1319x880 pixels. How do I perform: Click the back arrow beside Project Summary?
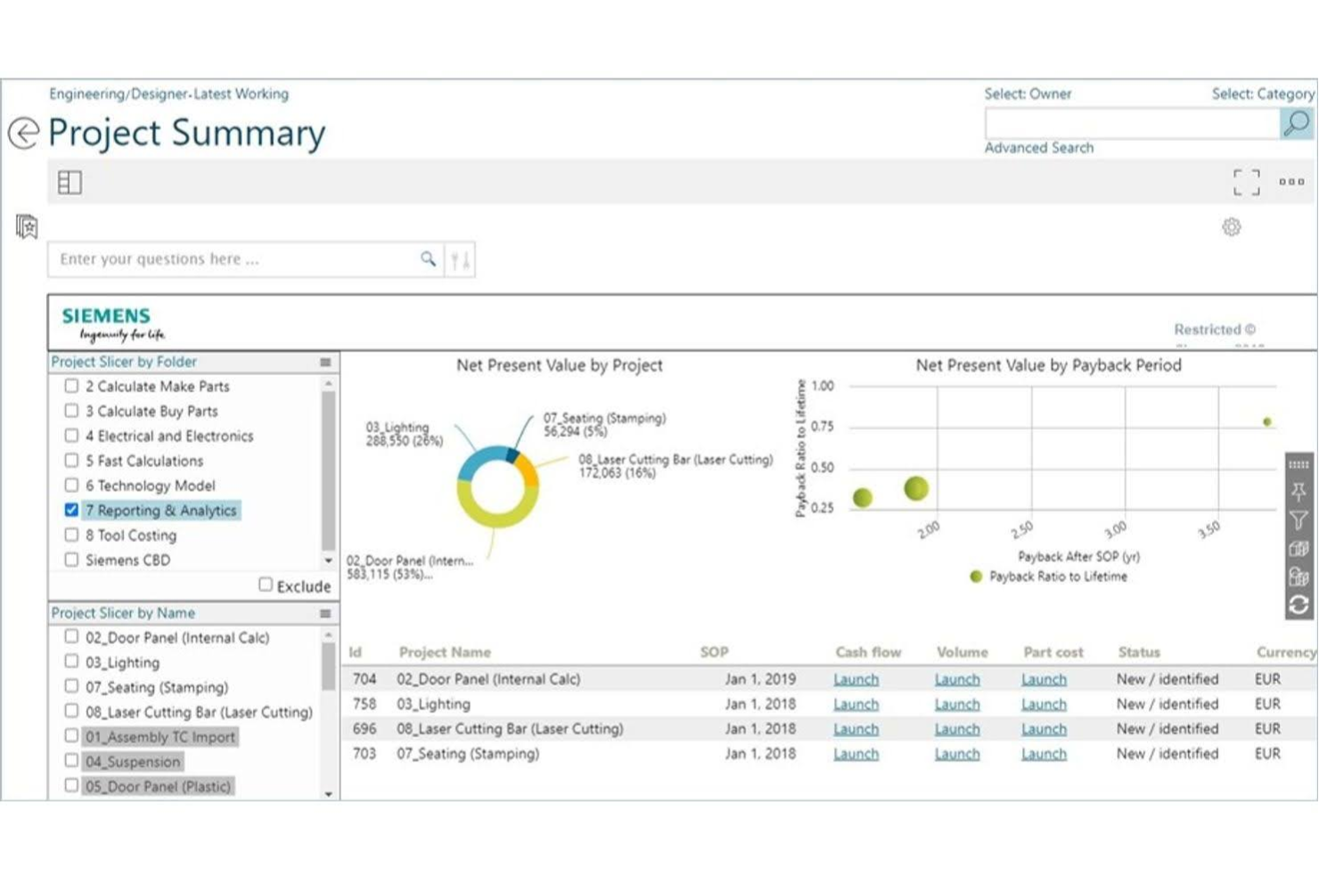click(23, 133)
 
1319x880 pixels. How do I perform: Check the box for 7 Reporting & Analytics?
click(71, 510)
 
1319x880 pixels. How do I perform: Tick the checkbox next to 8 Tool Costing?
click(71, 535)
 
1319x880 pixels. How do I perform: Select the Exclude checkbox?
click(266, 585)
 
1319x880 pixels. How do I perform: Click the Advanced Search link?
click(1038, 148)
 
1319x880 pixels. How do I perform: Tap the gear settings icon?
click(1231, 227)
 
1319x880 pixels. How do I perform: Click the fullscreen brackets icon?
click(1246, 182)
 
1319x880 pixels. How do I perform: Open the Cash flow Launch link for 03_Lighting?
click(856, 704)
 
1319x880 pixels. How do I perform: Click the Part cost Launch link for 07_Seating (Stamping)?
click(1044, 754)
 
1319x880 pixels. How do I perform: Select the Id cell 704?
click(365, 679)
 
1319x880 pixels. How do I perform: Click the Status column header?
click(1139, 653)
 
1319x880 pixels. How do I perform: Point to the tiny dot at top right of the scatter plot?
click(1266, 422)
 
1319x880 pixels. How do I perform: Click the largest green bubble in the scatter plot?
click(916, 488)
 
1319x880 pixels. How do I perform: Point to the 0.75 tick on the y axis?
click(822, 427)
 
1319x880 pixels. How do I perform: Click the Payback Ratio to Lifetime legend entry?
click(1057, 577)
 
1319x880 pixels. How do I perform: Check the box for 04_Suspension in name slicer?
click(71, 761)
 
